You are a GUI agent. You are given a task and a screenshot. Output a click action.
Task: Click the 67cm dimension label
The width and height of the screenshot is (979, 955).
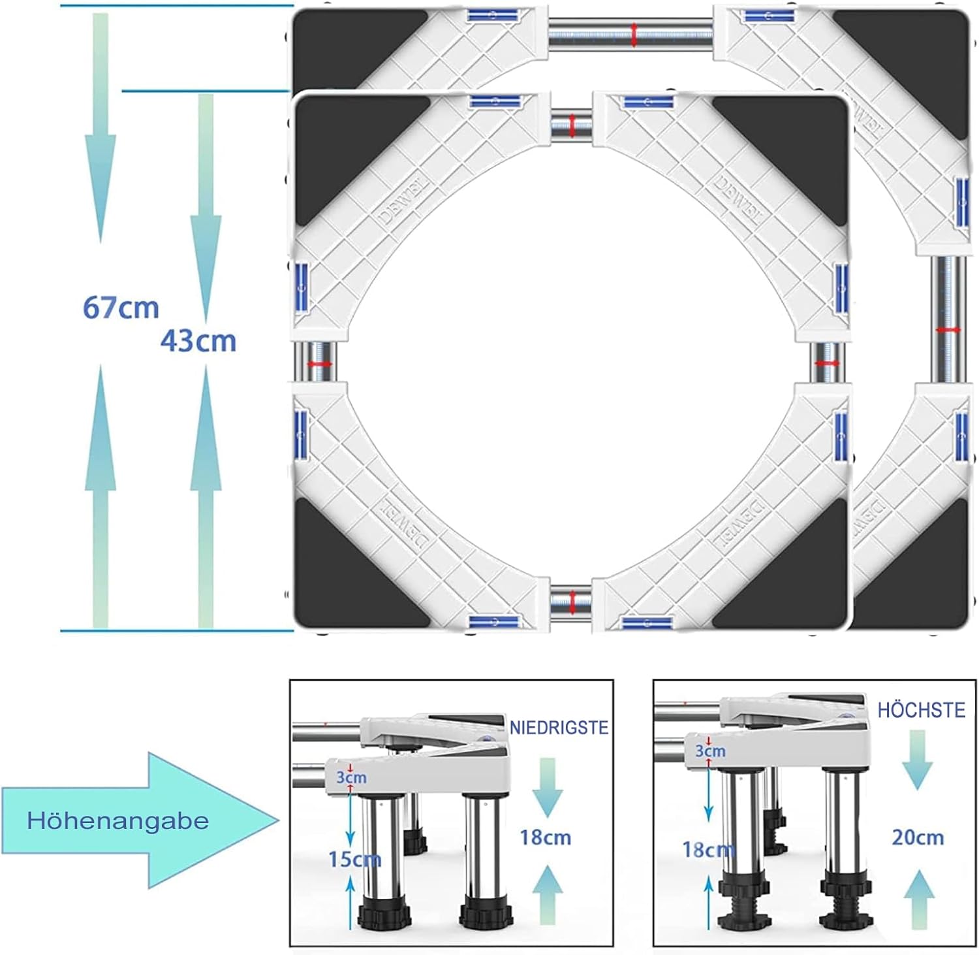tap(121, 307)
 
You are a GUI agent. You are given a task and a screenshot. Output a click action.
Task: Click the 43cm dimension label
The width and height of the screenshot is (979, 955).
tap(198, 340)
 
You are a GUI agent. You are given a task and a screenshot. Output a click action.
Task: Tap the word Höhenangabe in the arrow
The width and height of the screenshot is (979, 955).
tap(117, 820)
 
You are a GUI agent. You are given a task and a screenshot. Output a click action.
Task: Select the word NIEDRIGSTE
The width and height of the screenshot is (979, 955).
tap(559, 728)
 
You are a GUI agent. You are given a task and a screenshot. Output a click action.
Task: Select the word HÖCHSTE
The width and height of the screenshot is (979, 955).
tap(921, 710)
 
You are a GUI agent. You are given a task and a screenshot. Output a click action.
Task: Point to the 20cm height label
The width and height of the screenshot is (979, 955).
tap(918, 837)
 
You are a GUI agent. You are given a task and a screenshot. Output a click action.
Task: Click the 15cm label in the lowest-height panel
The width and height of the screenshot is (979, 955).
tap(354, 859)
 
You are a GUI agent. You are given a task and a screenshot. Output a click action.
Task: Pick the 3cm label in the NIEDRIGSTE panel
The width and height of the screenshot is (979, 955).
tap(351, 777)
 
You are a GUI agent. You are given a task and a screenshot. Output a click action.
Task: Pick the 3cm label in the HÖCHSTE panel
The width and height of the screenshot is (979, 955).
tap(710, 751)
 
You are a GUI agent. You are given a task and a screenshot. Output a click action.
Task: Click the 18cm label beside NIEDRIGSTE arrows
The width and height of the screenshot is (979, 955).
tap(545, 837)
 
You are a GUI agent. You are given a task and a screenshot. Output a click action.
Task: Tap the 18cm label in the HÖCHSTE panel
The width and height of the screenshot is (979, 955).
tap(708, 850)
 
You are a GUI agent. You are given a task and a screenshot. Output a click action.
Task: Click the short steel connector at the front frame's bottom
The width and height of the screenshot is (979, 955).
tap(572, 601)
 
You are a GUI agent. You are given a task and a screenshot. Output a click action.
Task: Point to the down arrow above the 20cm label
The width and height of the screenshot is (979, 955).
tap(917, 760)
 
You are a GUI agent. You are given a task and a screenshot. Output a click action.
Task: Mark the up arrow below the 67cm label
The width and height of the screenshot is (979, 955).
tap(101, 496)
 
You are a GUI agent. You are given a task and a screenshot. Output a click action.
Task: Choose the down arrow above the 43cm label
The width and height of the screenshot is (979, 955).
tap(206, 209)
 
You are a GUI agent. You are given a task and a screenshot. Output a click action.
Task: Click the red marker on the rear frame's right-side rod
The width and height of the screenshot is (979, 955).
tap(948, 330)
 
